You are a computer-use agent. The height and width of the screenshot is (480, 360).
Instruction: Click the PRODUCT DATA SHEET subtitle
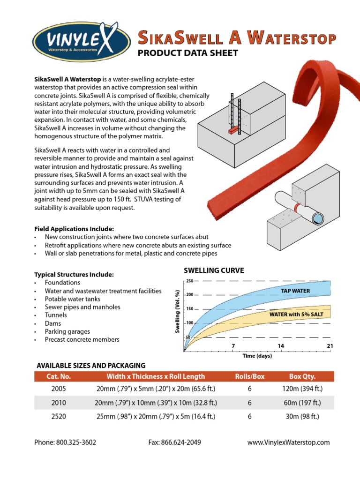click(x=187, y=53)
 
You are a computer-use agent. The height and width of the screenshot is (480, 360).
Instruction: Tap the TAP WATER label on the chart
click(x=295, y=291)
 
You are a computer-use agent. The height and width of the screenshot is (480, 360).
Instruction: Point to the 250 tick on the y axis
click(x=189, y=281)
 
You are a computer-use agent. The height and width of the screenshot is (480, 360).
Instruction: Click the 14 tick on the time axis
click(x=281, y=346)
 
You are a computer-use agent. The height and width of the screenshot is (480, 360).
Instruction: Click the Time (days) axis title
click(x=257, y=356)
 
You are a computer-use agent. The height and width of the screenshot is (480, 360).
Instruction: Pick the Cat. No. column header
click(x=59, y=376)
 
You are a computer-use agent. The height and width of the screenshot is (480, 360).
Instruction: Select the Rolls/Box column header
click(x=250, y=376)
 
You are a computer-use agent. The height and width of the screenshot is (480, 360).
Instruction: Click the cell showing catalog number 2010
click(x=59, y=403)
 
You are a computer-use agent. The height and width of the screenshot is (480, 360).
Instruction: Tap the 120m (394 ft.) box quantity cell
click(x=302, y=389)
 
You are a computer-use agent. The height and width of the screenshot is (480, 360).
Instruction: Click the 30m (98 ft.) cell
click(x=302, y=416)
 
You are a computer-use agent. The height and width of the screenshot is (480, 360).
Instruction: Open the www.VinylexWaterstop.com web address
click(x=288, y=442)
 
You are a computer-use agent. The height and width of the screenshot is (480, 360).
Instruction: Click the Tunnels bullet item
click(x=55, y=315)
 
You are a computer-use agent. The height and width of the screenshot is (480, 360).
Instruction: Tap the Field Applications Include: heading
click(x=74, y=229)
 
